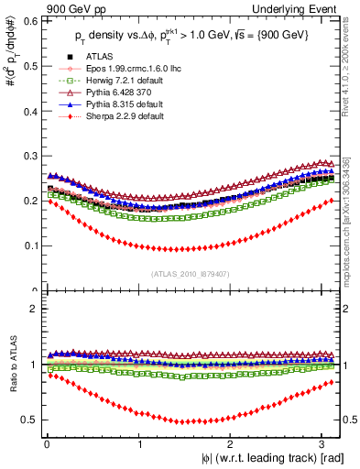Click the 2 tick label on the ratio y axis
point(33,309)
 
